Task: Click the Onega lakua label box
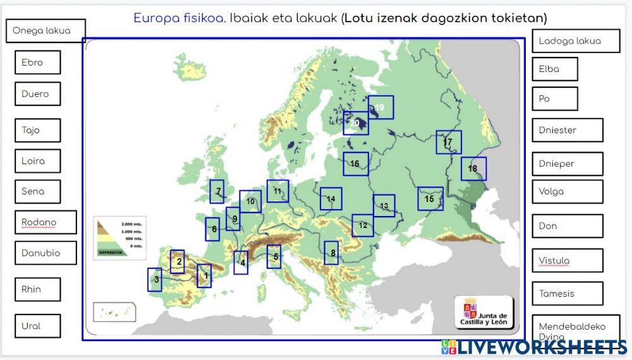pos(46,31)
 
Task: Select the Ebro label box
pos(37,63)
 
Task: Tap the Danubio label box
pos(46,253)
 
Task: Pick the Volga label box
pos(567,191)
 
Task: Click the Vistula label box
pos(567,260)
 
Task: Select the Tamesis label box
pos(567,293)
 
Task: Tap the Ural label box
pos(37,326)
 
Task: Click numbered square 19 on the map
pos(380,107)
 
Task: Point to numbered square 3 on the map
pos(155,279)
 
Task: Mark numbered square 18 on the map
pos(473,169)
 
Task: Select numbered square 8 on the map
pos(332,253)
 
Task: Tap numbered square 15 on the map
pos(430,198)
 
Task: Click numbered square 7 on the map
pos(217,191)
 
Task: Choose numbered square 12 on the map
pos(363,225)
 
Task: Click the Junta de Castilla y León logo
pos(484,312)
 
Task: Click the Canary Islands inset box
pos(115,312)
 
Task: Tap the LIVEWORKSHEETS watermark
pos(534,346)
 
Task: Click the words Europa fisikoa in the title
pos(178,18)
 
